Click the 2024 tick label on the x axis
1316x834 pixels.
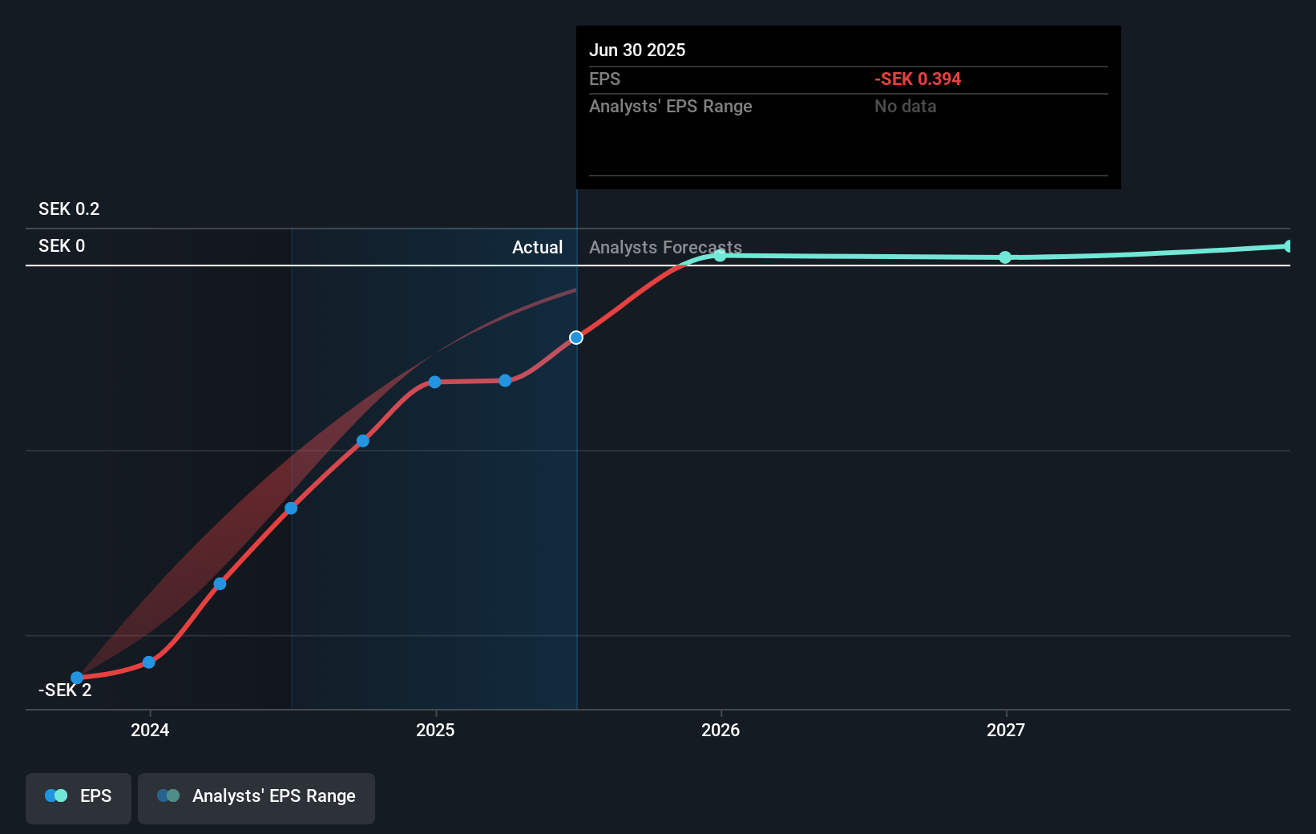(150, 730)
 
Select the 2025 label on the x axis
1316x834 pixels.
(435, 730)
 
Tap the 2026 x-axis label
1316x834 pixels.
(721, 730)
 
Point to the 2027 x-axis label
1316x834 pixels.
(1006, 730)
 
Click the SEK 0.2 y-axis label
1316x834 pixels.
(69, 209)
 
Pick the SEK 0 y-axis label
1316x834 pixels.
(62, 246)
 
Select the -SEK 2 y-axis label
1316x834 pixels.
(65, 690)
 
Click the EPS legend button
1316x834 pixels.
(79, 796)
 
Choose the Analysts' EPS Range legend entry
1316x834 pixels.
(256, 796)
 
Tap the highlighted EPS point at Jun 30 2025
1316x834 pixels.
(576, 338)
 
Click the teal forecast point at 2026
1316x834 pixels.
(720, 255)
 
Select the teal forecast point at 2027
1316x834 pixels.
(1005, 257)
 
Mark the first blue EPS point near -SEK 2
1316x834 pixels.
(77, 678)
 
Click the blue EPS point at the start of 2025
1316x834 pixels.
(434, 382)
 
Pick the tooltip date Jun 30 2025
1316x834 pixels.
(637, 51)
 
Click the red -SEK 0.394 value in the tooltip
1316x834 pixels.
(918, 79)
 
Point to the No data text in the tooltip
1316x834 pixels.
(905, 107)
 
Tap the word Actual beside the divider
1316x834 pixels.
(537, 248)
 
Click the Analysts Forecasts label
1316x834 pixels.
(665, 248)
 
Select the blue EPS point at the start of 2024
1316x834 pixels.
(149, 662)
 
